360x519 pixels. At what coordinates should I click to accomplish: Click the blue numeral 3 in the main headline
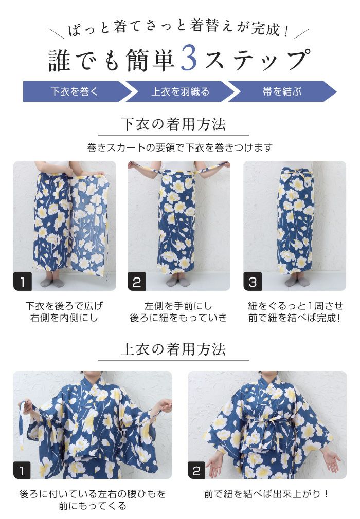(189, 59)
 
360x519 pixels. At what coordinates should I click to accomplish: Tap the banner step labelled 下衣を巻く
(75, 91)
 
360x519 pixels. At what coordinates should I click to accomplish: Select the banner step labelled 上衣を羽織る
(181, 91)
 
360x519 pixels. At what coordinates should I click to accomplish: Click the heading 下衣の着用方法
(173, 124)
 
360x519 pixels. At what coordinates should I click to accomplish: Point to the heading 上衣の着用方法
(173, 349)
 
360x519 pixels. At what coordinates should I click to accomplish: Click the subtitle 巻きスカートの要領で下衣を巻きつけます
(180, 147)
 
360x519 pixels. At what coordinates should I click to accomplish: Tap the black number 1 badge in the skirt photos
(23, 282)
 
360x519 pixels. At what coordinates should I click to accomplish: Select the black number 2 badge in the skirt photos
(137, 282)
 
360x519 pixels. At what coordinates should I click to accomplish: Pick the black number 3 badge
(253, 282)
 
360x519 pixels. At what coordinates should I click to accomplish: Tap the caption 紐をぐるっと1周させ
(295, 306)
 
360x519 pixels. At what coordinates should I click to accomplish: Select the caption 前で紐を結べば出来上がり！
(266, 494)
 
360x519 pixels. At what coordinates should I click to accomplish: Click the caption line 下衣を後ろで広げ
(64, 306)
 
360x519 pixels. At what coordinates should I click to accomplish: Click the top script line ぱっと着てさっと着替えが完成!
(179, 28)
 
